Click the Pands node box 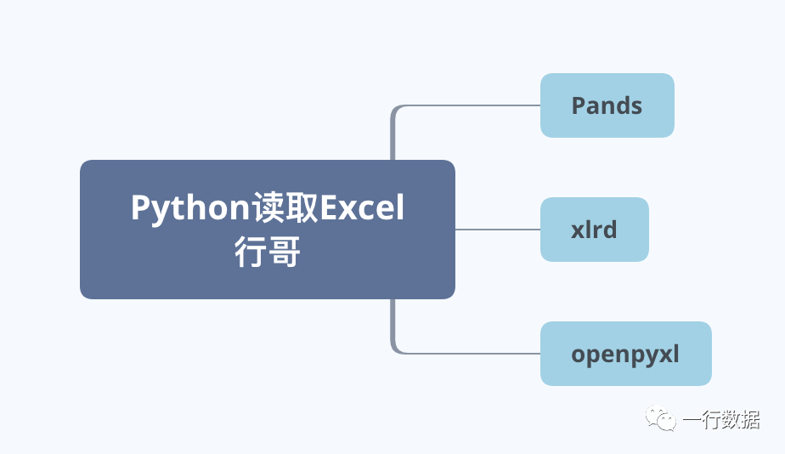pyautogui.click(x=607, y=105)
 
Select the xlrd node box pyautogui.click(x=594, y=230)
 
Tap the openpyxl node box pyautogui.click(x=625, y=354)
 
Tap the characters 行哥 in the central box pyautogui.click(x=268, y=253)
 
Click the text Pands pyautogui.click(x=607, y=105)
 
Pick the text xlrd pyautogui.click(x=594, y=230)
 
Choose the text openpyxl pyautogui.click(x=625, y=354)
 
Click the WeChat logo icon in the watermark pyautogui.click(x=660, y=418)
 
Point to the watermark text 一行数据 pyautogui.click(x=721, y=419)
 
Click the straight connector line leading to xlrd pyautogui.click(x=497, y=230)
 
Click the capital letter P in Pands pyautogui.click(x=579, y=105)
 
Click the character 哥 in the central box pyautogui.click(x=285, y=253)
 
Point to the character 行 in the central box pyautogui.click(x=251, y=253)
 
